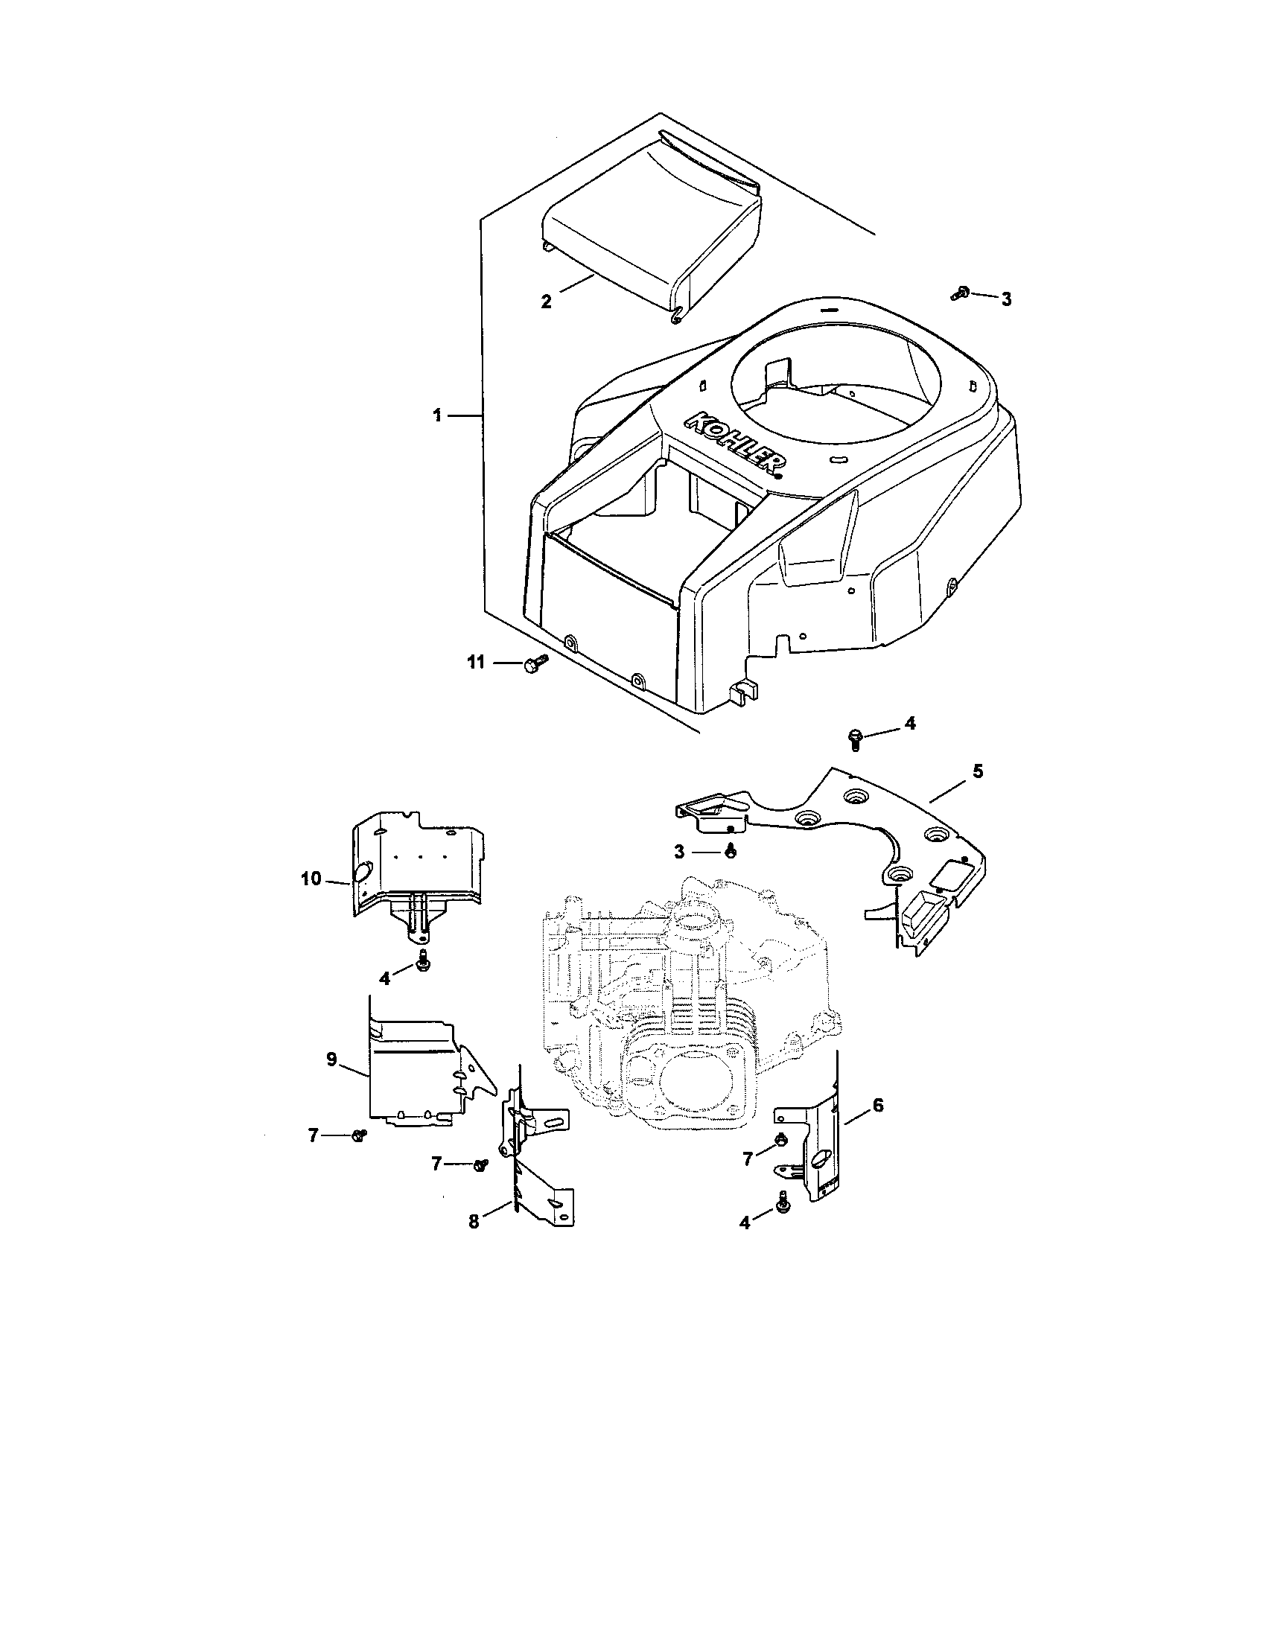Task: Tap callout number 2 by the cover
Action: click(x=546, y=302)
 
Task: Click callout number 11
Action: click(x=477, y=662)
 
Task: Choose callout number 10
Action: click(x=311, y=878)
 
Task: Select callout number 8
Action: click(x=473, y=1221)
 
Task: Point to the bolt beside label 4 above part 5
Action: click(x=855, y=738)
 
